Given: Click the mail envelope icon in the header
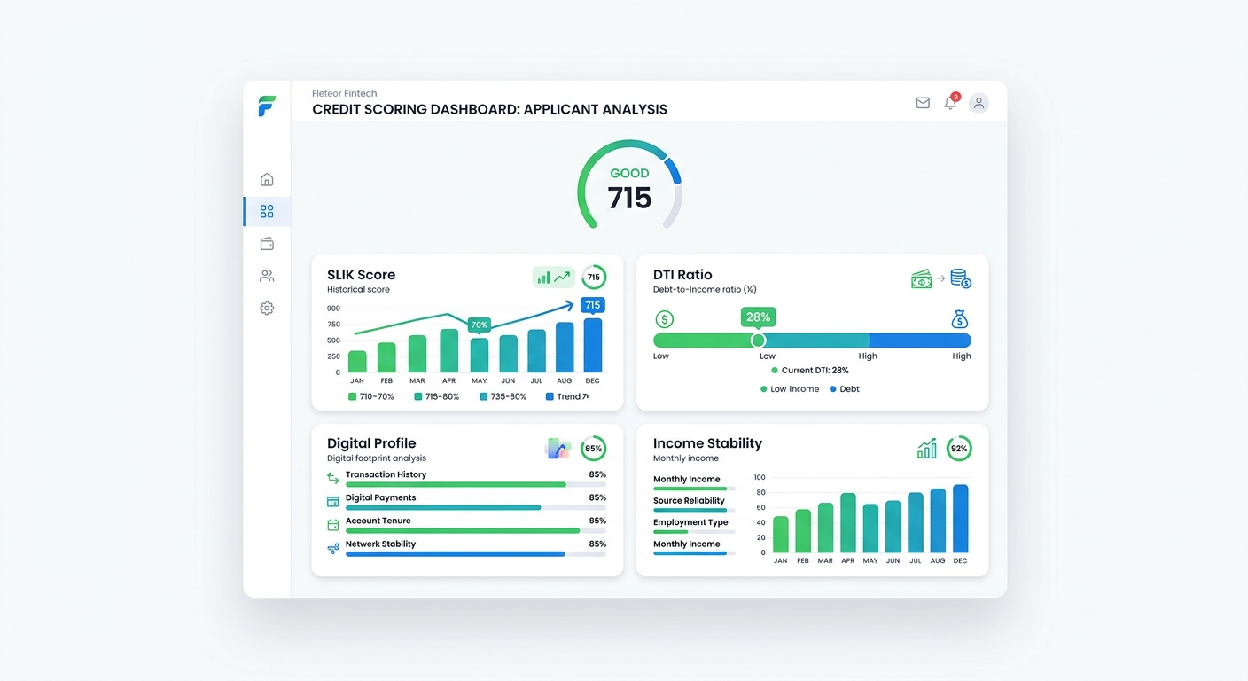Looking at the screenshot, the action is point(923,103).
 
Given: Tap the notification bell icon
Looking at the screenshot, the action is point(950,103).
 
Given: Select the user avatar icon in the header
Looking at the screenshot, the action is point(979,103).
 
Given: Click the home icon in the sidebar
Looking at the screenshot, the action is point(267,179).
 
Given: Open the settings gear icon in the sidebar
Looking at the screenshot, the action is point(267,309).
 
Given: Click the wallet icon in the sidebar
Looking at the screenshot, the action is point(267,244).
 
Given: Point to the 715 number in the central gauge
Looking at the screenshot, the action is point(629,198).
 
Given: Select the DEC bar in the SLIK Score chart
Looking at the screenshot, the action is point(592,345).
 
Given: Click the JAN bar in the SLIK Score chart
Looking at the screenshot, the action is point(357,361).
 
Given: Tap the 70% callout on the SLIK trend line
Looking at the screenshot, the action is point(480,325).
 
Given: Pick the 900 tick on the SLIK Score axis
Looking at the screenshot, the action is point(333,309).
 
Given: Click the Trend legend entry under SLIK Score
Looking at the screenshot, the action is point(567,396).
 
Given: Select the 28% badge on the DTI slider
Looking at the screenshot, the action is point(758,317).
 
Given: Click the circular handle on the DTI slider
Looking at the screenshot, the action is point(758,340).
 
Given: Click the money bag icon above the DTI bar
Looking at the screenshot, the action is point(959,319).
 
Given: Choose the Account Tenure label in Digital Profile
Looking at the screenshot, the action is point(378,521).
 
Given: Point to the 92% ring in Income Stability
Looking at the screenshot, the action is point(959,448).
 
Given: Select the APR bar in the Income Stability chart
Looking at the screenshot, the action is point(848,523).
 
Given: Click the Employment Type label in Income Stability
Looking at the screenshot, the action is point(690,522).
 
